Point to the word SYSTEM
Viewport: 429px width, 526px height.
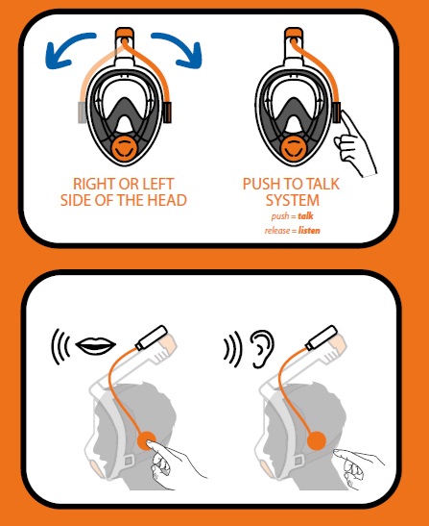[x=293, y=200]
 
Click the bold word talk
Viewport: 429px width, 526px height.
[x=306, y=215]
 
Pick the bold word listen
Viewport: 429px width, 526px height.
[x=309, y=231]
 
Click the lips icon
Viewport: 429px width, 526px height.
[x=95, y=345]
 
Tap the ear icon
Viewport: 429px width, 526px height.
[x=262, y=349]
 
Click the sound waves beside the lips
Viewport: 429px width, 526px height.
[x=60, y=346]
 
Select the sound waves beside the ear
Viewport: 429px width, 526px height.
[x=232, y=349]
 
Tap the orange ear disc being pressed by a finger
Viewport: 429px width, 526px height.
[x=146, y=440]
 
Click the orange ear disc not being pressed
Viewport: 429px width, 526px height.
[x=316, y=440]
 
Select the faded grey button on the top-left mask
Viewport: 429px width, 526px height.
[x=83, y=113]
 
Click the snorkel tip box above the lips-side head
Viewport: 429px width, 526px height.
[x=151, y=338]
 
